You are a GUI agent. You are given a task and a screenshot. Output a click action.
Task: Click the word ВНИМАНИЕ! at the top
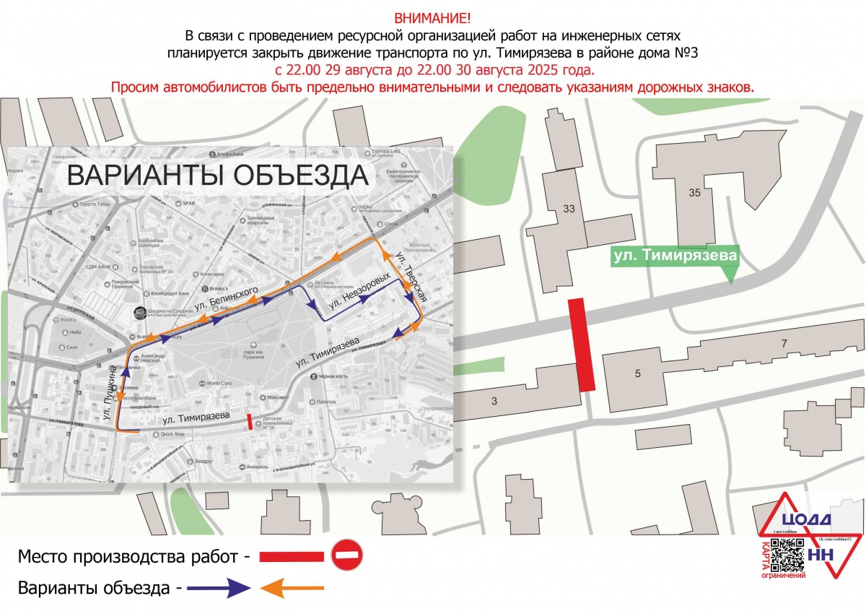coord(432,17)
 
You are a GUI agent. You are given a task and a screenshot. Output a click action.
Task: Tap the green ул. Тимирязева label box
coord(675,256)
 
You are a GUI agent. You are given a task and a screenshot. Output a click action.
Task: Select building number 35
coord(694,193)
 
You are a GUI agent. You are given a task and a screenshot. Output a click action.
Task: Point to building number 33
coord(569,209)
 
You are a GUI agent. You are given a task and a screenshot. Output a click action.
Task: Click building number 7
coord(784,343)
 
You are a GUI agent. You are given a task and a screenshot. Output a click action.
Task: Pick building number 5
coord(637,373)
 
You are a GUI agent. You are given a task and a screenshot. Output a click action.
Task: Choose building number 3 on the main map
coord(494,400)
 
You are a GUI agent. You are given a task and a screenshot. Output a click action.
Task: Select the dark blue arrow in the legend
coord(219,588)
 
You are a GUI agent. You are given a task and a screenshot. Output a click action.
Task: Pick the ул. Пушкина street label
coord(110,396)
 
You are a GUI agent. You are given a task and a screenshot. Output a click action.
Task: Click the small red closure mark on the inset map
coord(250,422)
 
